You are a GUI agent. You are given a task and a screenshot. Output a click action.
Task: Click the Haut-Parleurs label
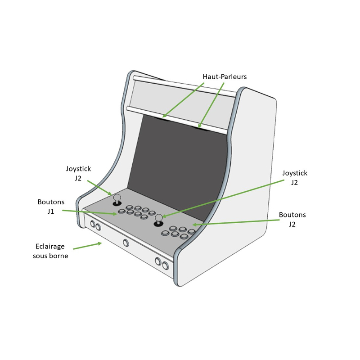[x=225, y=77]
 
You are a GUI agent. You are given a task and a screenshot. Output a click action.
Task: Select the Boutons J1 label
[x=51, y=207]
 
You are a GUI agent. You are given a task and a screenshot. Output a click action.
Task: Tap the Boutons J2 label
[x=292, y=219]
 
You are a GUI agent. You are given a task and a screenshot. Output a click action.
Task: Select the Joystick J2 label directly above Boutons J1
[x=78, y=173]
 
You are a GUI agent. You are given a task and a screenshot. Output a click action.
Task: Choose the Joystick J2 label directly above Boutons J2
[x=294, y=177]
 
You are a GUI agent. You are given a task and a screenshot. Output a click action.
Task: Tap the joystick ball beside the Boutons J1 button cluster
[x=117, y=197]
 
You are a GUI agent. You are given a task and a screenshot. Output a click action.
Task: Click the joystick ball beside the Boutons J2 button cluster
[x=158, y=218]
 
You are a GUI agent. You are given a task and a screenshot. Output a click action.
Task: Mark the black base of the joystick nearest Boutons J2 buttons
[x=158, y=224]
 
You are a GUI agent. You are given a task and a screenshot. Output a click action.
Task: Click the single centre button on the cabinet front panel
[x=126, y=243]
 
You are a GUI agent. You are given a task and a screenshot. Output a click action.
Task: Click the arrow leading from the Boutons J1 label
[x=90, y=212]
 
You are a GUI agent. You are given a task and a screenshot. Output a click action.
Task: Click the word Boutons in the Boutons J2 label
[x=292, y=215]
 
